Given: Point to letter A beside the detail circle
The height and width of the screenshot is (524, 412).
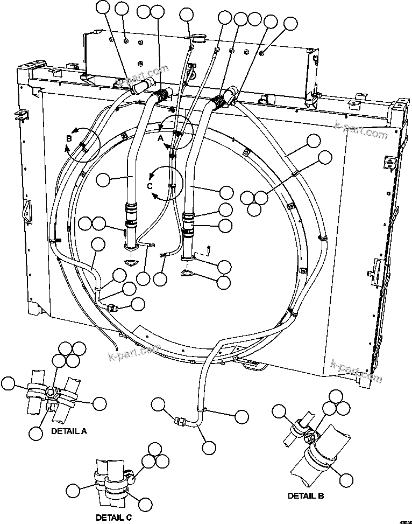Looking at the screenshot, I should tap(160, 137).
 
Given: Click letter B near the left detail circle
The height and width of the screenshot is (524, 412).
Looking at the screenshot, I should tap(69, 138).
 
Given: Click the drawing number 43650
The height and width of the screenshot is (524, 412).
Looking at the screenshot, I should tap(403, 514).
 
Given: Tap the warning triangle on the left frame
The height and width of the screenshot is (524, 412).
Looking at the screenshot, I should tap(25, 211).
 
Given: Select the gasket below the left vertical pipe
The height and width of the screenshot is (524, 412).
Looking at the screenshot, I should tap(131, 262).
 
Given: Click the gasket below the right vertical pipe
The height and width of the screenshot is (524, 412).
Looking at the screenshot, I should tap(187, 273).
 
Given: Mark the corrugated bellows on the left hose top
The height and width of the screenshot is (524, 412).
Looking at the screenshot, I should tap(160, 97).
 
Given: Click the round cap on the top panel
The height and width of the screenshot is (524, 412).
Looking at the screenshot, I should tap(199, 39).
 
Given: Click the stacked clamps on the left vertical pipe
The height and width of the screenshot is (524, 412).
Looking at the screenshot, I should tap(131, 215).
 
